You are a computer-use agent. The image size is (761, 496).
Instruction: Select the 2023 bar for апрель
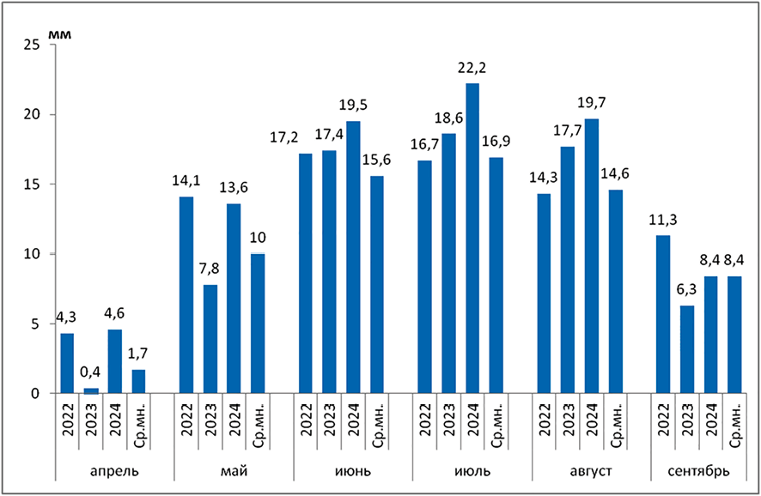pos(91,390)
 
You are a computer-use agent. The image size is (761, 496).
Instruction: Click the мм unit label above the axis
pos(61,33)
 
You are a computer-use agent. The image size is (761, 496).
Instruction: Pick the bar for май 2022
pos(186,295)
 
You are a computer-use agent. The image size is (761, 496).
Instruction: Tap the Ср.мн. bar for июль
pos(496,275)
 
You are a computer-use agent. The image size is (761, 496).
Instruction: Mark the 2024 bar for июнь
pos(353,257)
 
